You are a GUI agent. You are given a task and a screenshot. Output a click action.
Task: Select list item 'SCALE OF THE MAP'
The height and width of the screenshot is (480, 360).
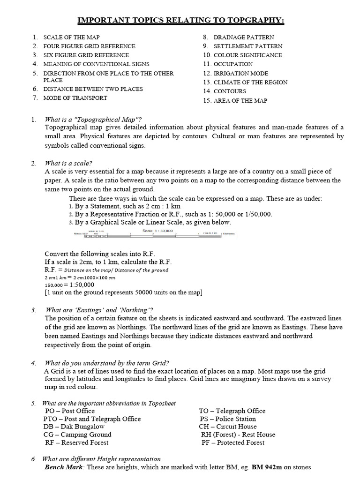71,37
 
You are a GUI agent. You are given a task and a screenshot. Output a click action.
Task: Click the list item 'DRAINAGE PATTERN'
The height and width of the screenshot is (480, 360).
244,37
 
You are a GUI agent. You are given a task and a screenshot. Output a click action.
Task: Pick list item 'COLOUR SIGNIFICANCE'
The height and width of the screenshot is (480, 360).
247,55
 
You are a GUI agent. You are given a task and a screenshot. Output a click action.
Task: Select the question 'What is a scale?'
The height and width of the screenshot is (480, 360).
68,163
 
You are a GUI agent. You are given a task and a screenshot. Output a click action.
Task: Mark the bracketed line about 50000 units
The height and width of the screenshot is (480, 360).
123,293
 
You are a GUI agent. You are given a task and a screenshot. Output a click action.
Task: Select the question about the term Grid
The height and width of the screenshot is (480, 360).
107,363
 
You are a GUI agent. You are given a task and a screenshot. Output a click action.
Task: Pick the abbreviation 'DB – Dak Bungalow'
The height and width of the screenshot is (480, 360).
74,427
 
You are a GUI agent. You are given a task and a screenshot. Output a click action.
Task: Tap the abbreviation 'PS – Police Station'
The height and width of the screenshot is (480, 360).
228,419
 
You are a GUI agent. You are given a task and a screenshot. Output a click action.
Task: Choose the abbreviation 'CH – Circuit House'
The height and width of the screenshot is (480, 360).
228,427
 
